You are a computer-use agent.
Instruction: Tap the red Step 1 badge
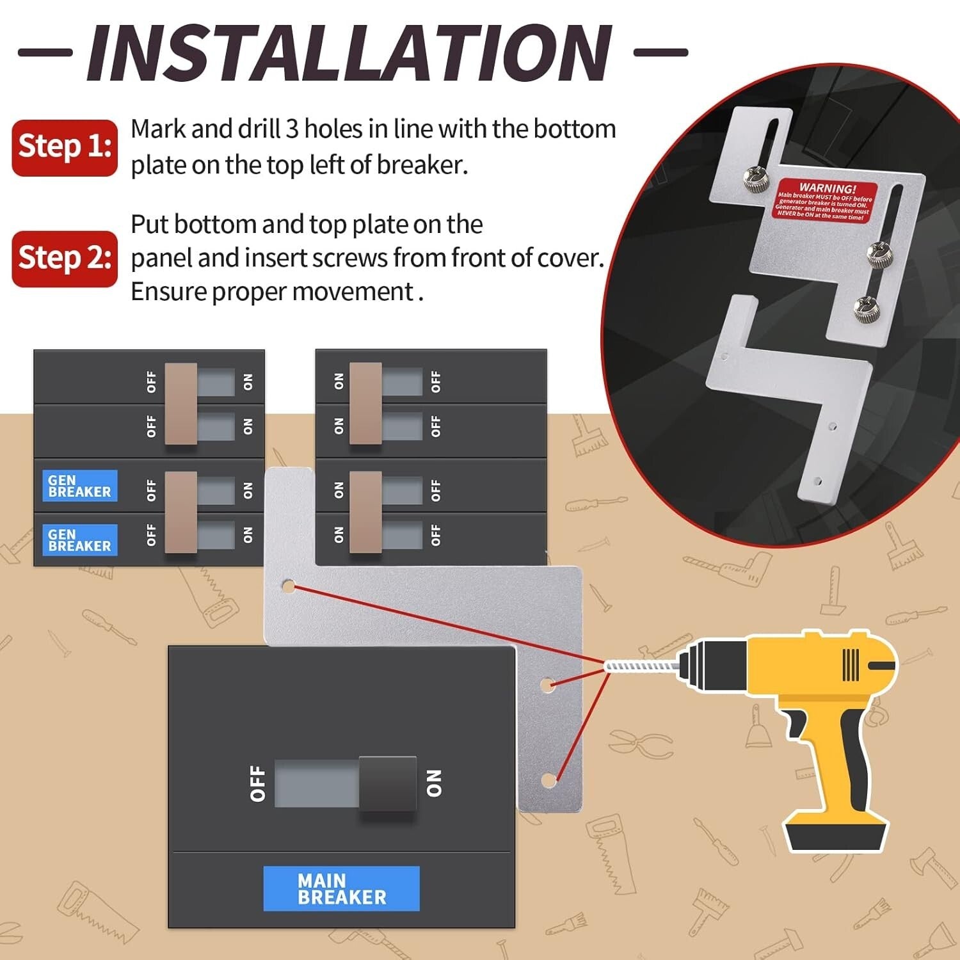[x=65, y=147]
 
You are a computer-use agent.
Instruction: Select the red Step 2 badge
[x=65, y=259]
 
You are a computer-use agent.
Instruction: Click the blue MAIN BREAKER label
[x=341, y=888]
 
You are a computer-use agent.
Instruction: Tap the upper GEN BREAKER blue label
[x=80, y=486]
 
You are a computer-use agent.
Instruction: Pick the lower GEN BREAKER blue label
[x=80, y=540]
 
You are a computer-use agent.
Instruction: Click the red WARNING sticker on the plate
[x=824, y=201]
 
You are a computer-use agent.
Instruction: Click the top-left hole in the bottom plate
[x=289, y=586]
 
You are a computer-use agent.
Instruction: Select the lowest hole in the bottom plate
[x=548, y=780]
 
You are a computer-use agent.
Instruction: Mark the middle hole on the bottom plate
[x=546, y=685]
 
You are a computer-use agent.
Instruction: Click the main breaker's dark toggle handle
[x=387, y=783]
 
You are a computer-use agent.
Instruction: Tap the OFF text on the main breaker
[x=257, y=783]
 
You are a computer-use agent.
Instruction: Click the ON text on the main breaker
[x=434, y=783]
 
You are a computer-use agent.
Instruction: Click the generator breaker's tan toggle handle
[x=180, y=512]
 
